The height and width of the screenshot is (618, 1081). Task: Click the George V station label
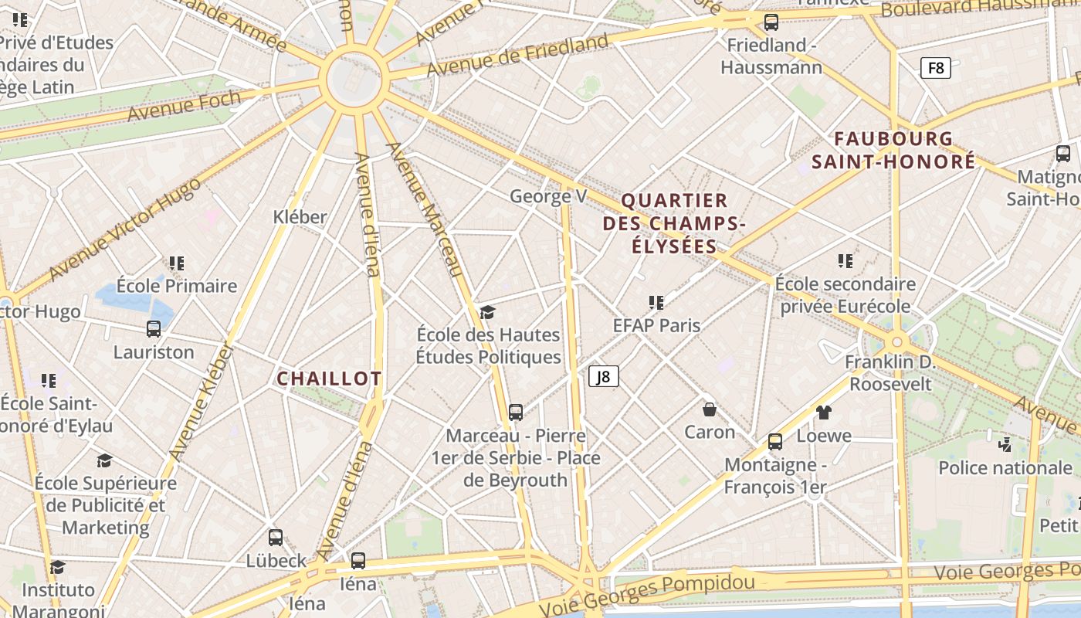tap(548, 196)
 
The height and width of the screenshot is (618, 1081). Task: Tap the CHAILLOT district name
tap(329, 379)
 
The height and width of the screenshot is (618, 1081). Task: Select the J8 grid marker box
tap(604, 376)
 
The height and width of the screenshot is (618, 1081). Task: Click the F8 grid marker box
tap(935, 68)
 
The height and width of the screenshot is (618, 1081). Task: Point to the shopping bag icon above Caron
tap(709, 409)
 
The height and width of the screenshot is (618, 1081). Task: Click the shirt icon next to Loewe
tap(823, 413)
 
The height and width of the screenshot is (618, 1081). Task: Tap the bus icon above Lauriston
tap(154, 329)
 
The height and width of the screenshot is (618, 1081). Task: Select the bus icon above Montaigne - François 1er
tap(774, 442)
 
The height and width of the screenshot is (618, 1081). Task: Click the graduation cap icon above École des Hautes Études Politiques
tap(487, 312)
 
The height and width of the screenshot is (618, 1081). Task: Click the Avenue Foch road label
tap(184, 106)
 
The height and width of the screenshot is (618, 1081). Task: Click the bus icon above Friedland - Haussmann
tap(771, 22)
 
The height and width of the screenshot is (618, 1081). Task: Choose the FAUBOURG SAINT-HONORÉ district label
tap(893, 151)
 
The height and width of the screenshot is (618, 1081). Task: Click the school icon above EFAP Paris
tap(656, 302)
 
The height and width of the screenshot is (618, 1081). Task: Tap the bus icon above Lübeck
tap(276, 538)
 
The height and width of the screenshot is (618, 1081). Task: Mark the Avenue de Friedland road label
tap(517, 56)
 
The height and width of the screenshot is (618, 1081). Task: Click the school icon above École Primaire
tap(177, 263)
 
